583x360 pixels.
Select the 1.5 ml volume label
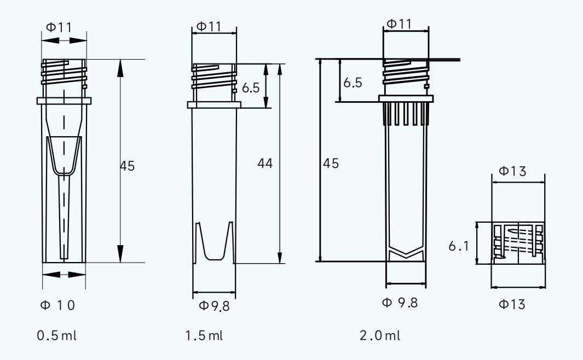[x=204, y=335]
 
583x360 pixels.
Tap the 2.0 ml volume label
[x=380, y=335]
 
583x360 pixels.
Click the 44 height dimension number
[x=265, y=163]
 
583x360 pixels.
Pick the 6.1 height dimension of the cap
[x=458, y=247]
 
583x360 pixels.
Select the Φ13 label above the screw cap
[x=513, y=171]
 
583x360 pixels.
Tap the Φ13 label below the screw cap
[x=512, y=305]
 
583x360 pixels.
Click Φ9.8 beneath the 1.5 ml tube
[x=214, y=306]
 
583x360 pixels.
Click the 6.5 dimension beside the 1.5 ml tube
[x=251, y=88]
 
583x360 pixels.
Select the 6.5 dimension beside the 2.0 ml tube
[x=353, y=83]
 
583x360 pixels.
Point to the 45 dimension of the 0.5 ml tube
[x=127, y=165]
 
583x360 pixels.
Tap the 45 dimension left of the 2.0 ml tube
[x=331, y=162]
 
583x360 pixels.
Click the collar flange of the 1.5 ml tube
[x=214, y=104]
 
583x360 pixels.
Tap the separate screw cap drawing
[x=518, y=243]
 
